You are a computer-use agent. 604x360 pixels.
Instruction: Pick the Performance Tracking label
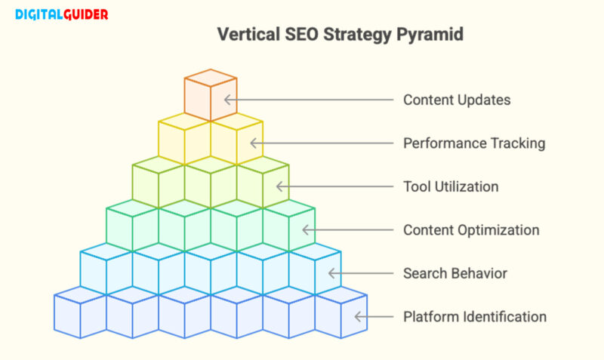[x=474, y=143]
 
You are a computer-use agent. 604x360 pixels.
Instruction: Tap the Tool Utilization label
[x=451, y=186]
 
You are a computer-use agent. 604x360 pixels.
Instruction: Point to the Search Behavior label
[x=455, y=273]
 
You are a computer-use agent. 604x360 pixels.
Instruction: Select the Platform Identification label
[x=474, y=317]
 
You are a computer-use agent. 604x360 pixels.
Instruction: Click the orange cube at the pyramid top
[x=211, y=95]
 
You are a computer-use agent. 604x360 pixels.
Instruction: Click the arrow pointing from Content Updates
[x=309, y=100]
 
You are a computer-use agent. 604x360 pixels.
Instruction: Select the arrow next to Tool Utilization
[x=335, y=186]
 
